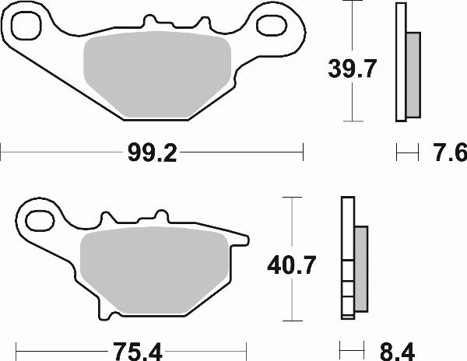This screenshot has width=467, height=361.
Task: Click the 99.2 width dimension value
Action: coord(153,152)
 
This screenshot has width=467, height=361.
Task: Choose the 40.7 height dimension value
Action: coord(293,267)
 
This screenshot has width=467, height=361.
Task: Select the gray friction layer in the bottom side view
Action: coord(361,268)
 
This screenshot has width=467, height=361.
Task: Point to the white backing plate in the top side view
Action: coord(401,62)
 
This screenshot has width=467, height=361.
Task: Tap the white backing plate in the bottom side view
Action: coord(348,233)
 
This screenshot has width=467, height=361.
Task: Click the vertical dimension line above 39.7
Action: coord(355,31)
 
